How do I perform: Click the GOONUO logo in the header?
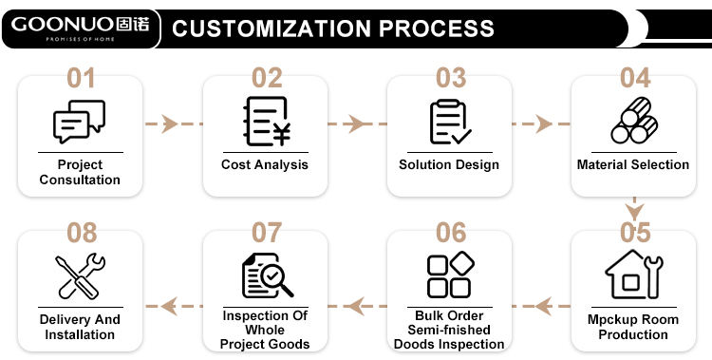point(80,28)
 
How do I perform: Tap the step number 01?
point(81,78)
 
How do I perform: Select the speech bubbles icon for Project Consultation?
point(80,121)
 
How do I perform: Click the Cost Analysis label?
point(265,164)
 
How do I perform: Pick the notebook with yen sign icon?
point(267,122)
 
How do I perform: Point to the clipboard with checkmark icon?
point(450,122)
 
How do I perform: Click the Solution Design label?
point(449,164)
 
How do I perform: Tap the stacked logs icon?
point(634,120)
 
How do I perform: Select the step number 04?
point(635,78)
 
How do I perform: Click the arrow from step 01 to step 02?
point(173,123)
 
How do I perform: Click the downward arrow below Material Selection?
point(634,209)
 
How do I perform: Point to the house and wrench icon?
point(634,275)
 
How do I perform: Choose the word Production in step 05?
point(633,334)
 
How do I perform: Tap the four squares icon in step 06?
point(450,275)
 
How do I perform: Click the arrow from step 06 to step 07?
point(357,306)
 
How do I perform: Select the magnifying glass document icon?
point(268,275)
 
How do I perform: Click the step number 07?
point(267,233)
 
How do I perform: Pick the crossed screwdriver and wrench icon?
point(80,275)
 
